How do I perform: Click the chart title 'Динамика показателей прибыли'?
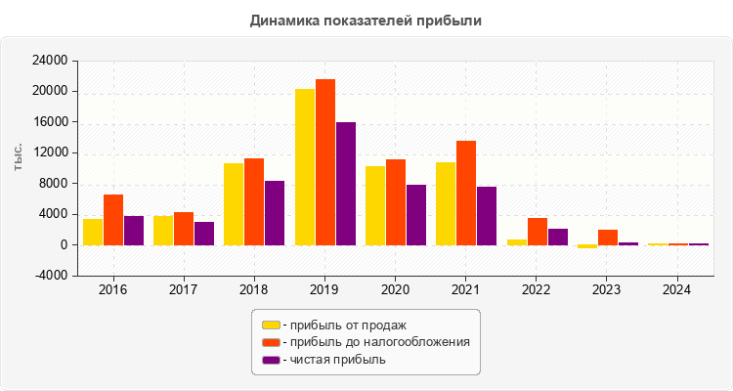(366, 20)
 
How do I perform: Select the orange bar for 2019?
(325, 162)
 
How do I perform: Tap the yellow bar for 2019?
(305, 167)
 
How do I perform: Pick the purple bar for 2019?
(346, 184)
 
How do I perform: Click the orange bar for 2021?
(466, 193)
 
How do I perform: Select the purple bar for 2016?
(134, 231)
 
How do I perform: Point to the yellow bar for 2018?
(234, 204)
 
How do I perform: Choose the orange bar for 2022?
(537, 232)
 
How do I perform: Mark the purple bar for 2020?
(416, 215)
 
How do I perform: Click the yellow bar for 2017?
(163, 231)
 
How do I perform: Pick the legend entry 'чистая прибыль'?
(333, 360)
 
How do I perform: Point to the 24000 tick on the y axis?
(50, 61)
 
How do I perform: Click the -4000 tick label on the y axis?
(50, 276)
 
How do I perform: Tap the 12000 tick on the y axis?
(50, 152)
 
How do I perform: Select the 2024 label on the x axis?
(677, 289)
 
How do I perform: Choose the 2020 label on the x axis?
(396, 289)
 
